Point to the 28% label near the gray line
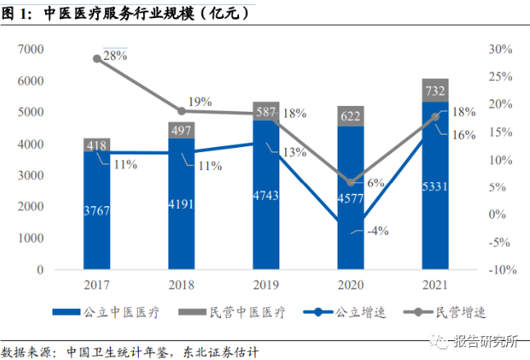tap(115, 56)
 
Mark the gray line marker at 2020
tap(351, 182)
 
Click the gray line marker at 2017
tap(97, 58)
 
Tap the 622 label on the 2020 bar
tap(351, 117)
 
